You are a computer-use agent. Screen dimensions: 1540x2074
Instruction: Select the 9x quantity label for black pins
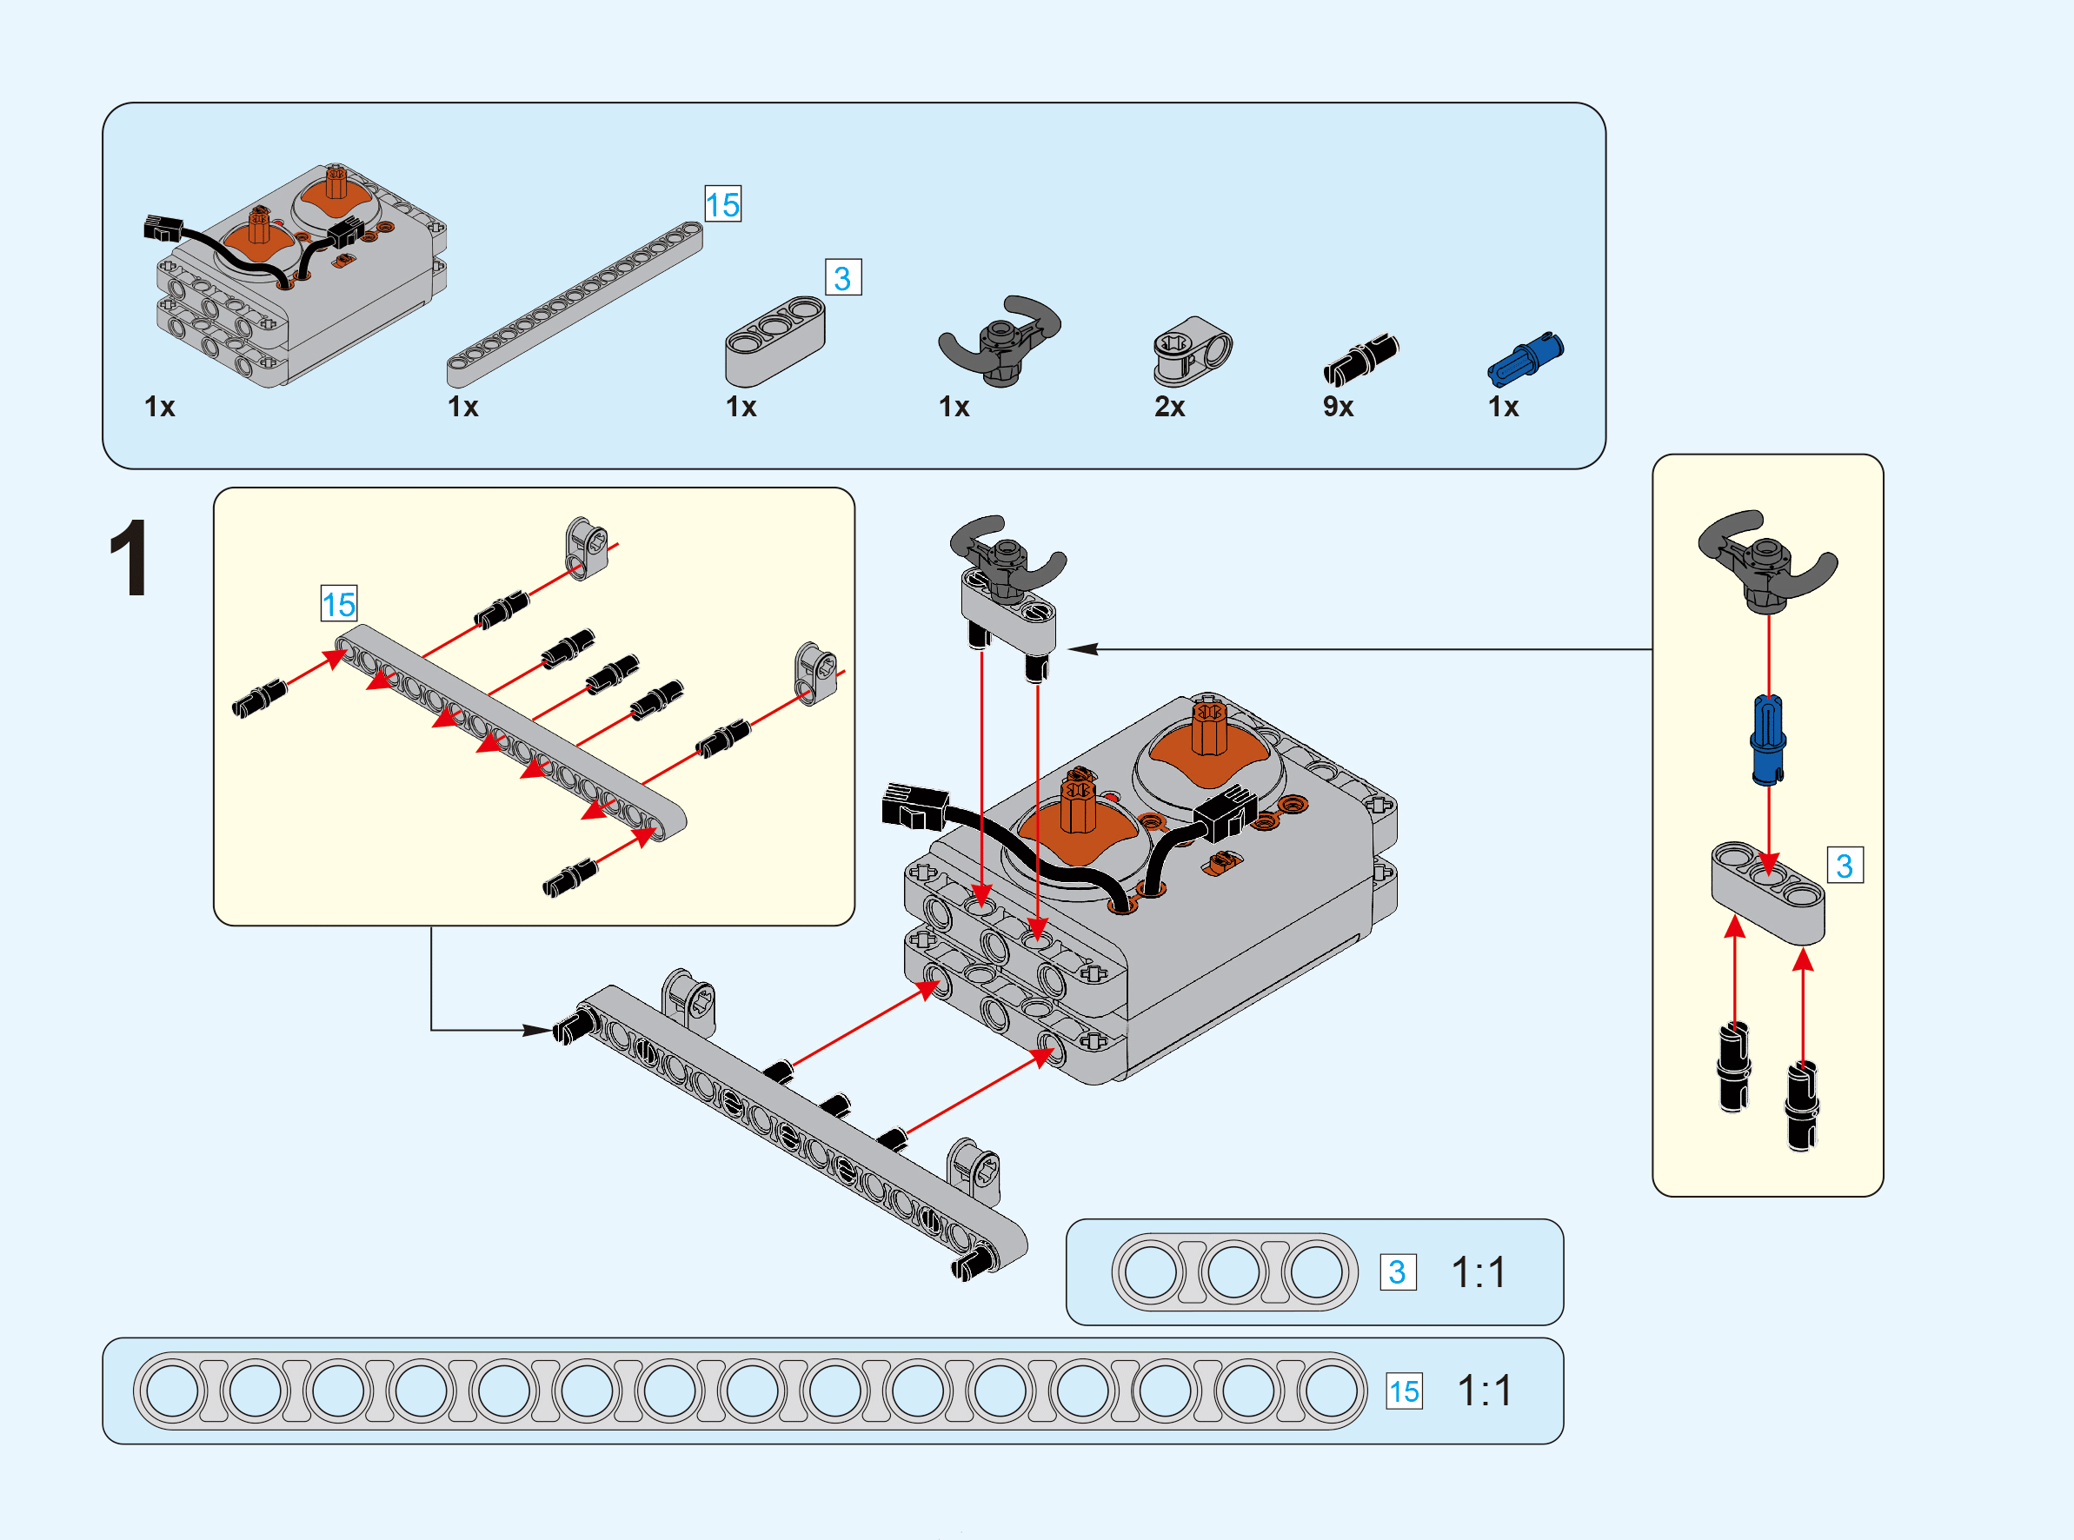1338,407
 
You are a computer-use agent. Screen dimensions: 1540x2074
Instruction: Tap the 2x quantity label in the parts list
1169,407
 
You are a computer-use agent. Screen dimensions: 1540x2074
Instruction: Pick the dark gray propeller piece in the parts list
1000,341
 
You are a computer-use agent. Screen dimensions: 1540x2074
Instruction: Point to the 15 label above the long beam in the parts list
722,204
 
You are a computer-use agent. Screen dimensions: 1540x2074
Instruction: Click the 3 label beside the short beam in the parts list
842,278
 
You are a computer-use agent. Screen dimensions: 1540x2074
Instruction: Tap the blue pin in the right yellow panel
1768,739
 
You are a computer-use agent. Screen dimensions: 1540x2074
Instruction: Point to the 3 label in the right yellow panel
1844,865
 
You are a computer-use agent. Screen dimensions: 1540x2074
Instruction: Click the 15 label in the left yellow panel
338,604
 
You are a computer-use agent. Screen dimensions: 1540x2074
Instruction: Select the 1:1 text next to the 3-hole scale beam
1479,1272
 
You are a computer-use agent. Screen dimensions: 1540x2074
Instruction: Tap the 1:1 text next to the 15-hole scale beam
1484,1391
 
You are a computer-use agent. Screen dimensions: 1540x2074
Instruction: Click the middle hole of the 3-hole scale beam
1233,1272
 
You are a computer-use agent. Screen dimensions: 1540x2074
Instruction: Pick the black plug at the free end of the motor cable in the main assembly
914,806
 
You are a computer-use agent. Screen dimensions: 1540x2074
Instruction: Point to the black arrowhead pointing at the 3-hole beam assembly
1083,649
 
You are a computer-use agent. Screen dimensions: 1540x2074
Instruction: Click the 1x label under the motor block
159,407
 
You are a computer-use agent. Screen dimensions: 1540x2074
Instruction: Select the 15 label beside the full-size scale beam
1404,1391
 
